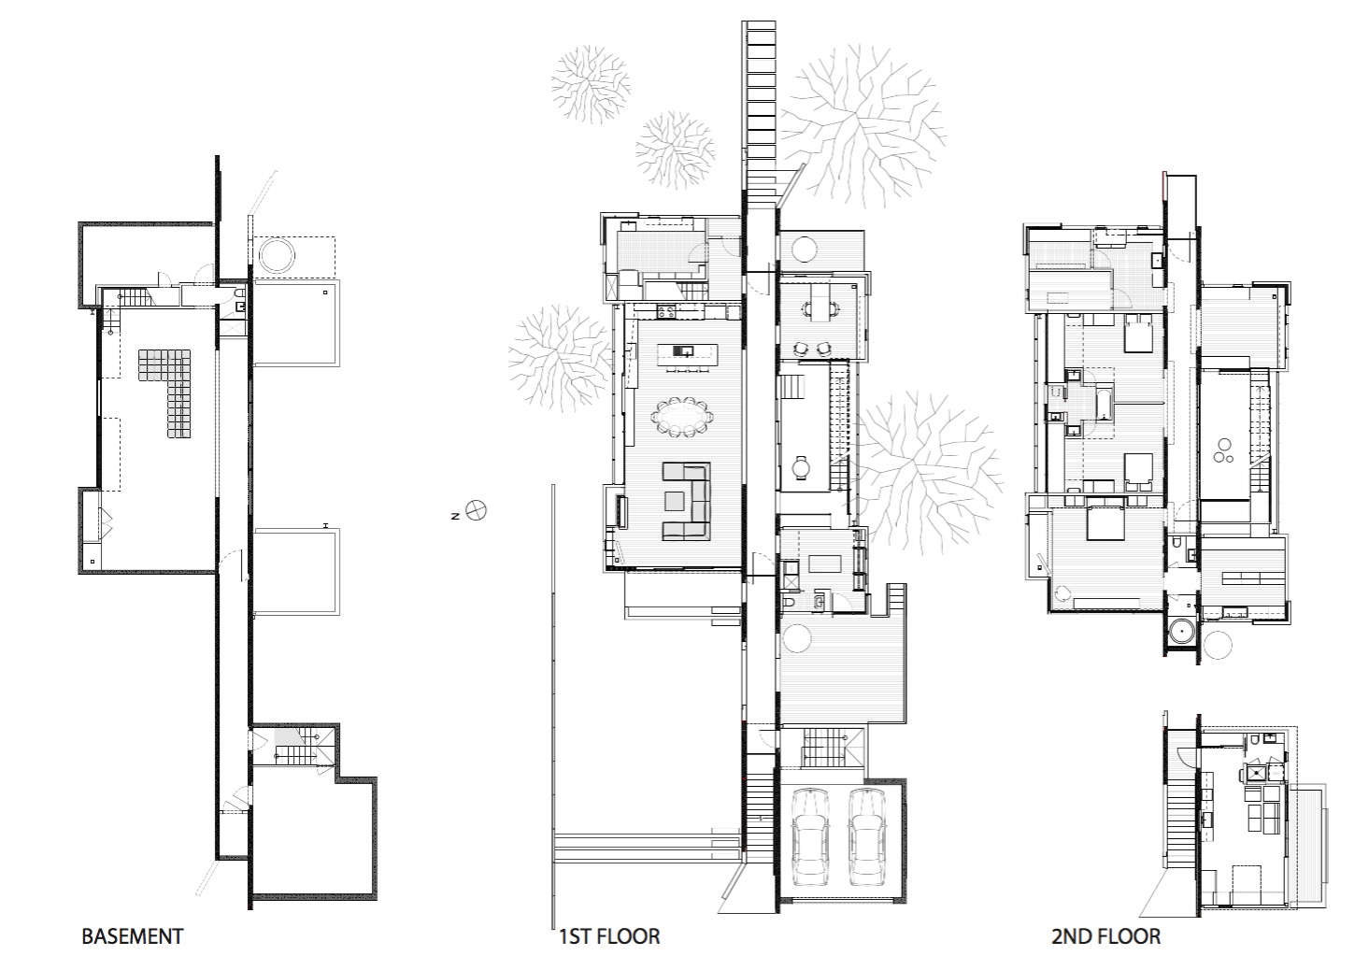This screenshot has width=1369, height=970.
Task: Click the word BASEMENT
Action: (133, 936)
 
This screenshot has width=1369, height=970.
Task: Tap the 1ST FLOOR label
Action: (610, 936)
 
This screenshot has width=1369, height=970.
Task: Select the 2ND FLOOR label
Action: (1106, 936)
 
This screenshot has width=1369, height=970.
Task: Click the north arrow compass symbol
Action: (476, 510)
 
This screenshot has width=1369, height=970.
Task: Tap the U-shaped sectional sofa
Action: (687, 501)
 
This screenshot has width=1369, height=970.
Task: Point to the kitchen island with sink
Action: (687, 354)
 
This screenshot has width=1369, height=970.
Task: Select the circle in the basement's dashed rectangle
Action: (277, 255)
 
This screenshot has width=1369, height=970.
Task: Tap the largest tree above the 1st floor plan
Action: (863, 125)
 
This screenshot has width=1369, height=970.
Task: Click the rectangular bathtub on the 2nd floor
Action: (1104, 403)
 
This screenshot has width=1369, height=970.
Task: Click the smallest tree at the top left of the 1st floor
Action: (676, 150)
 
